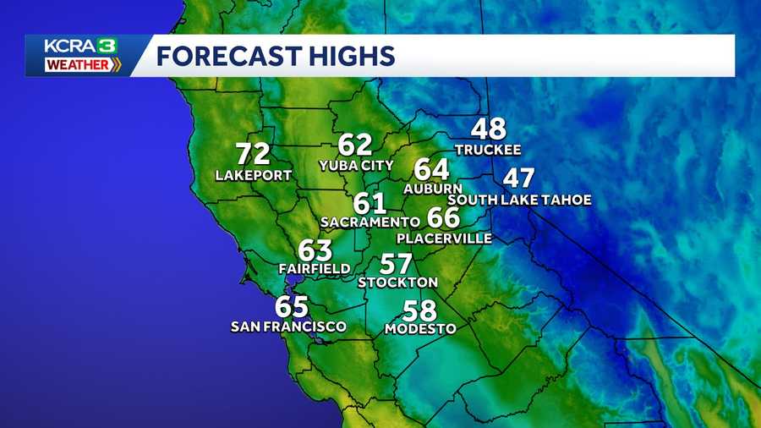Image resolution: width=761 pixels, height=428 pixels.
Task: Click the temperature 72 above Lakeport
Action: tap(253, 154)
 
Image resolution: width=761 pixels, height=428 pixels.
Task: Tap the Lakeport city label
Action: tap(253, 175)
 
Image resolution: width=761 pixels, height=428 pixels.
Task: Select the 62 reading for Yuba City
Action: tap(355, 145)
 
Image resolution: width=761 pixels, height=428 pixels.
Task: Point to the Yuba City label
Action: tap(356, 165)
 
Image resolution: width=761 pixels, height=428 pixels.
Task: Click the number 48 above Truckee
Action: tap(488, 129)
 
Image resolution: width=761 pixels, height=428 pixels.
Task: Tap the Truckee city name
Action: tap(487, 150)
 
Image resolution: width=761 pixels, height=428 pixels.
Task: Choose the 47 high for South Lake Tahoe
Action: tap(519, 179)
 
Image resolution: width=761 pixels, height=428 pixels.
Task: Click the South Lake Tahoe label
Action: tap(519, 200)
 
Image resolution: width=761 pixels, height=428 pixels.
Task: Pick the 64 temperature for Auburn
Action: tap(431, 168)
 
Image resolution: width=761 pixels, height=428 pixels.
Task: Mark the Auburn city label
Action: tap(432, 188)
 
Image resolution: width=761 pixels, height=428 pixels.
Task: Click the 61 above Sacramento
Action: tap(370, 203)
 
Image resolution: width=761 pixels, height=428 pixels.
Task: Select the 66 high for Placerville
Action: tap(443, 218)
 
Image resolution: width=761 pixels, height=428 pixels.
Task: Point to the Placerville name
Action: tap(444, 239)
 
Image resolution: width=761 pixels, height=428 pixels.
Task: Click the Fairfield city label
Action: tap(315, 269)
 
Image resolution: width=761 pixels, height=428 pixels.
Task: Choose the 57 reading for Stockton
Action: tap(397, 264)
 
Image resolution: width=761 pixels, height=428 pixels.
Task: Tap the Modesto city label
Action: tap(420, 328)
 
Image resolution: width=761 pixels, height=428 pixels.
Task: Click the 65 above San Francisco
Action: tap(291, 306)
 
